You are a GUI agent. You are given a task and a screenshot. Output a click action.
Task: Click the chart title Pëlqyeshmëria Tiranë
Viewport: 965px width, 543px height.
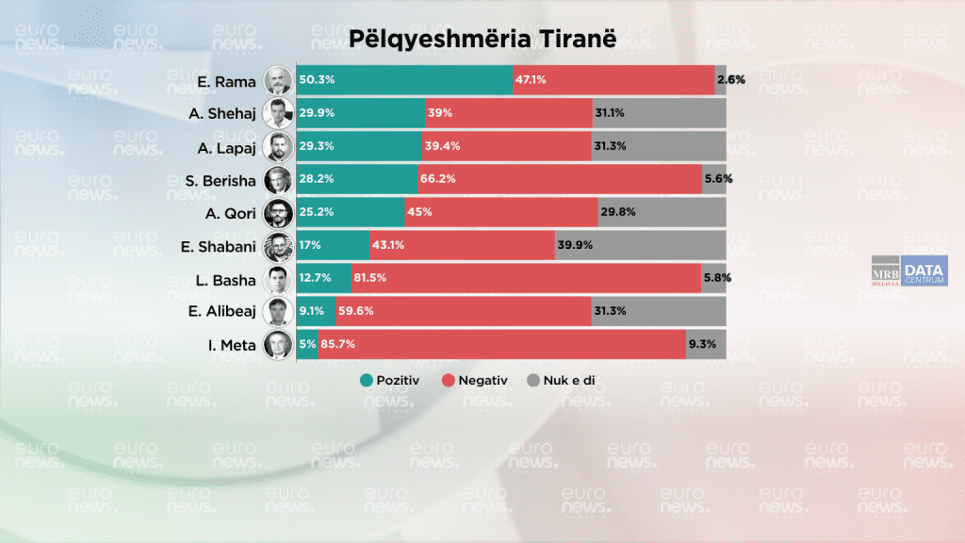482,39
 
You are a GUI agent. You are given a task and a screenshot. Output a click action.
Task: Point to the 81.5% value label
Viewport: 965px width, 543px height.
369,278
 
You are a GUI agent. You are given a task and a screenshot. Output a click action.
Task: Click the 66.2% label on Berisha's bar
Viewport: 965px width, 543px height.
438,179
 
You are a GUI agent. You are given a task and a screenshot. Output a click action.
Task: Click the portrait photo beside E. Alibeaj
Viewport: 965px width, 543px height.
277,311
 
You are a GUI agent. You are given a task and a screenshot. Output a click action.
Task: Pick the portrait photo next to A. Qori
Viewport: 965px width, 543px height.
277,212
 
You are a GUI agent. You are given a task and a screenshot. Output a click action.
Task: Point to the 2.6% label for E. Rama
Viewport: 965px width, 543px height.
731,80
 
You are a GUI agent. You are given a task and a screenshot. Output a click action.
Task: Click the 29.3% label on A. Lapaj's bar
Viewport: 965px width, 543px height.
318,146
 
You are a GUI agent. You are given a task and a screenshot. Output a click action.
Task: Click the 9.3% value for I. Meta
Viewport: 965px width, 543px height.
702,344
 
